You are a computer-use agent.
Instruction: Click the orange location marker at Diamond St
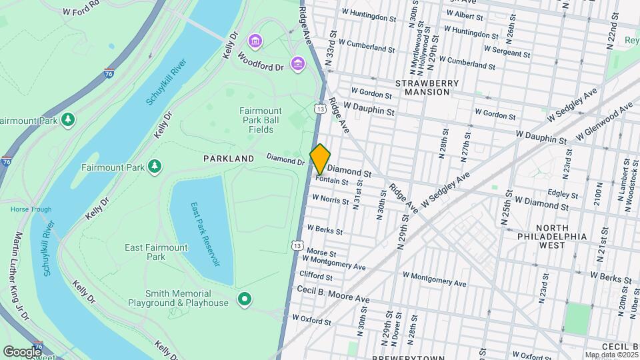click(x=321, y=159)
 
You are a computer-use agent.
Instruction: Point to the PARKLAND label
click(x=229, y=159)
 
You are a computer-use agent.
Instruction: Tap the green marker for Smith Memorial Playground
click(x=245, y=299)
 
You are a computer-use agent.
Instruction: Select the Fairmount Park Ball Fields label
click(x=261, y=120)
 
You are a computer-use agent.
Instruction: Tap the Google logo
click(x=21, y=351)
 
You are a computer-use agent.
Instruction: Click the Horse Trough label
click(x=31, y=209)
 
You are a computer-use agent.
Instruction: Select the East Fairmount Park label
click(x=156, y=252)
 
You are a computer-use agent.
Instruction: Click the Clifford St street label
click(x=316, y=275)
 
